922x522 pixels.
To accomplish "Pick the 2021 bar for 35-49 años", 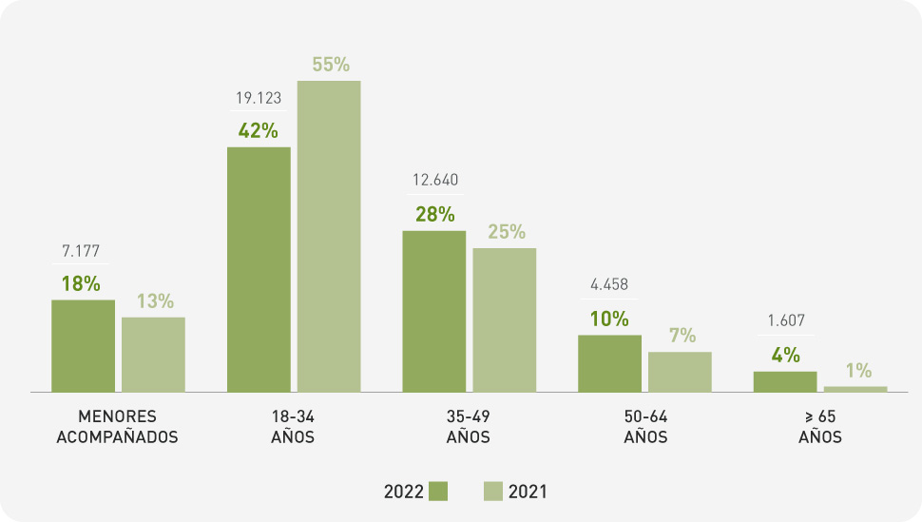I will [504, 319].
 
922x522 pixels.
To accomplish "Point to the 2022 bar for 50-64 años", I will [609, 363].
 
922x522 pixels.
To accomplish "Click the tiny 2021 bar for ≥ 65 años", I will [855, 389].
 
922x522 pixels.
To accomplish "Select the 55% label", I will [331, 66].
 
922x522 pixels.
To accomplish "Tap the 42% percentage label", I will [258, 131].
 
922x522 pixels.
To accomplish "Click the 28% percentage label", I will [434, 215].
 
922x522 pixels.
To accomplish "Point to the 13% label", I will [155, 301].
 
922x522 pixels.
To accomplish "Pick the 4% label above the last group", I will [786, 356].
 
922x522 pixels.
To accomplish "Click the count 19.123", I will [259, 98].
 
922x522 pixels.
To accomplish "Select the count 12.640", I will [434, 181].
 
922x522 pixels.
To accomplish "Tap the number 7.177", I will [82, 251].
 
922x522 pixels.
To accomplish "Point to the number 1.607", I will [786, 321].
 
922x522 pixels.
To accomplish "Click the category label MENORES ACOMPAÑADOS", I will [118, 428].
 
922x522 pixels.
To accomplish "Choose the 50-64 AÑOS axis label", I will [645, 428].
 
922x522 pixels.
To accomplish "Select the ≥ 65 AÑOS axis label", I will [820, 428].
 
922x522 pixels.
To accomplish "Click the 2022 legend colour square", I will [438, 492].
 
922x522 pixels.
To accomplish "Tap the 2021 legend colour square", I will [492, 492].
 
